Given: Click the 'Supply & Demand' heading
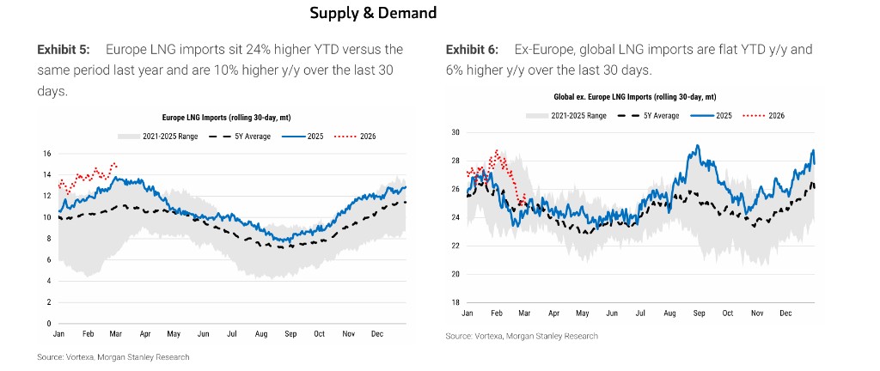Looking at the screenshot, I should coord(373,13).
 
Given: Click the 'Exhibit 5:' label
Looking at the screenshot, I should coord(65,50).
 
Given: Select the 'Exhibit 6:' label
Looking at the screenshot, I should coord(474,50).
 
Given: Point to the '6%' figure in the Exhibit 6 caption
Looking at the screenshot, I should coord(455,70).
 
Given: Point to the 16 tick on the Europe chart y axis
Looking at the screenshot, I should coord(47,154).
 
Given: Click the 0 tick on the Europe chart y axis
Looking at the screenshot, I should coord(50,323).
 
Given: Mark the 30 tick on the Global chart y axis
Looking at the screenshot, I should coord(455,133).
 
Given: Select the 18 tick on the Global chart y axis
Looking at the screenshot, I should coord(455,302).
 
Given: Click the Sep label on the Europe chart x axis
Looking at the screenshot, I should coord(290,333).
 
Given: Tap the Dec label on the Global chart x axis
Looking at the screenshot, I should coord(785,314).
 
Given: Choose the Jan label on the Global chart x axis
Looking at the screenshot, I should coord(467,314).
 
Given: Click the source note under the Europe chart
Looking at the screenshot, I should coord(113,356).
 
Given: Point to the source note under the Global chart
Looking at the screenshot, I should coord(522,336).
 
